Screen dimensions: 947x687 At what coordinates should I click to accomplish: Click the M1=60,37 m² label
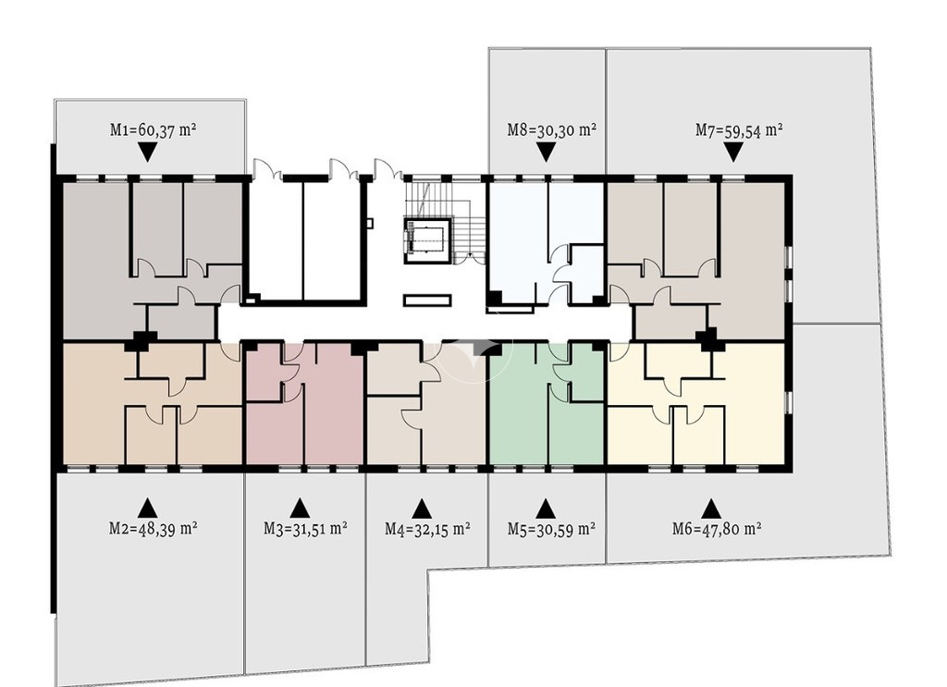click(154, 129)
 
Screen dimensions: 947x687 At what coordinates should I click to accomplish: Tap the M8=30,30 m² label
click(552, 129)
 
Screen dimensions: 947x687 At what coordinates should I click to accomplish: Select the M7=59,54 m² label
click(739, 129)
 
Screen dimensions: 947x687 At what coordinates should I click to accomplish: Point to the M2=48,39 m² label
click(154, 528)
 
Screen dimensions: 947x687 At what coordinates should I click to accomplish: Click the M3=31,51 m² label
click(305, 528)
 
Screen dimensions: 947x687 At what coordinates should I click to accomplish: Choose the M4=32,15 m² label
click(427, 529)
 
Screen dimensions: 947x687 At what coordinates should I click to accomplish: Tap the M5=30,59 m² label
click(551, 529)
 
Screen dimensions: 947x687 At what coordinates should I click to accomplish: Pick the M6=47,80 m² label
click(717, 529)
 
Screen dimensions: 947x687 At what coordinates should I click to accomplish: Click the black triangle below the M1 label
click(147, 153)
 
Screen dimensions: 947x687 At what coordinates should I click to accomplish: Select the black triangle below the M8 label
click(546, 153)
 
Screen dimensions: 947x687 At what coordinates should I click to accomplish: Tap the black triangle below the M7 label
click(733, 153)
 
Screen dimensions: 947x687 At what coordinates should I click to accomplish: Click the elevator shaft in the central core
click(427, 240)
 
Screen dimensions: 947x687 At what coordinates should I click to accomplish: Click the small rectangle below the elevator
click(427, 301)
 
